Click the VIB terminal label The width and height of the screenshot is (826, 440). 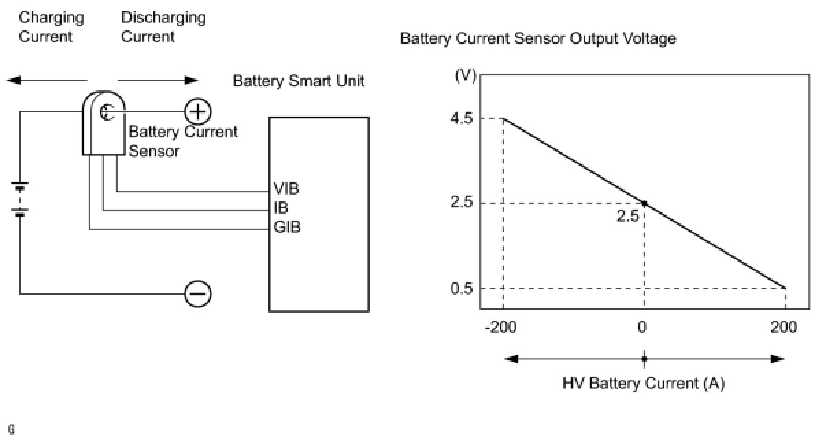click(x=286, y=188)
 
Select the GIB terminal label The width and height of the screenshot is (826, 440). click(x=286, y=227)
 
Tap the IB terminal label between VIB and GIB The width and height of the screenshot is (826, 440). click(x=281, y=208)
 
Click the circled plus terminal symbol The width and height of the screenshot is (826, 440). click(x=198, y=111)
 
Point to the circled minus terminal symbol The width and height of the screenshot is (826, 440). click(x=198, y=294)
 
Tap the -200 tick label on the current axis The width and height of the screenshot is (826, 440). click(x=502, y=327)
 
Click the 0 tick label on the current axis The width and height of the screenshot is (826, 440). click(x=642, y=327)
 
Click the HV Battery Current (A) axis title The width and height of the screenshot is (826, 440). click(x=643, y=383)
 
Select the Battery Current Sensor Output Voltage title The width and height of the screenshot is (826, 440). click(x=538, y=39)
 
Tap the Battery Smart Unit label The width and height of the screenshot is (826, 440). click(x=299, y=81)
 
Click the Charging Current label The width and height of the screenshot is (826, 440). click(x=51, y=27)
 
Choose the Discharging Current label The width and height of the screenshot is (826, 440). click(x=163, y=27)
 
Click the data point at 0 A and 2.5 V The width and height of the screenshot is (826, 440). click(x=644, y=203)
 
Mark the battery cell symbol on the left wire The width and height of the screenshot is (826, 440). click(x=21, y=199)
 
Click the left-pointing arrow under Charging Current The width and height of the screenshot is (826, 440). click(x=41, y=80)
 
